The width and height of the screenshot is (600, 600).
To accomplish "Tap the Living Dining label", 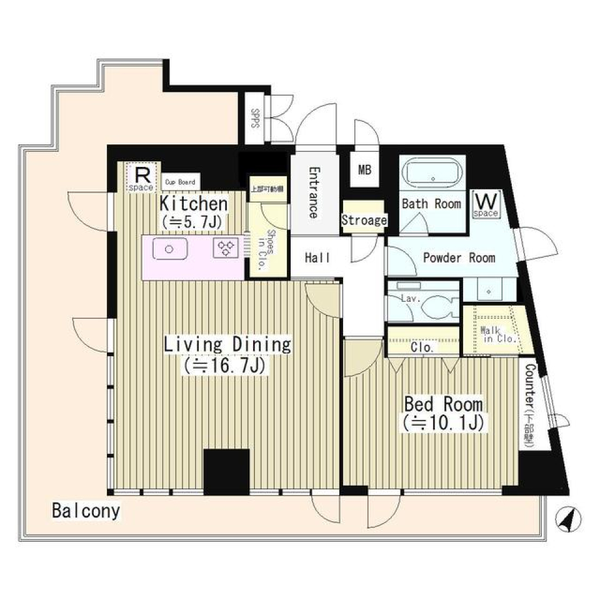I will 227,344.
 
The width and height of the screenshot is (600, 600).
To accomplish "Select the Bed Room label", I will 442,403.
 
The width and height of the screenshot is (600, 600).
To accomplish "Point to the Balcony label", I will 86,511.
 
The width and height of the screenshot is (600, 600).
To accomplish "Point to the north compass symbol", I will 568,519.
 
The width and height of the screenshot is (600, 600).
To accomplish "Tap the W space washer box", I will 486,204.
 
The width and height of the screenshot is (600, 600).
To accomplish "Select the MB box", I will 364,169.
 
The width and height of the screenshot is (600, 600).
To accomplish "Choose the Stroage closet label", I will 364,220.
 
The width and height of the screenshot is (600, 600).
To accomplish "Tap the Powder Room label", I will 459,257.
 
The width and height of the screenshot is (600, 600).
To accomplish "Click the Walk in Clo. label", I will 497,335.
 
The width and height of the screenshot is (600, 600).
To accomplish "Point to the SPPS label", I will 255,118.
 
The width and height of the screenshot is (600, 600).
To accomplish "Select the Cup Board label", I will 180,182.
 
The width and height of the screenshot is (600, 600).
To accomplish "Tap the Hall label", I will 317,257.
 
